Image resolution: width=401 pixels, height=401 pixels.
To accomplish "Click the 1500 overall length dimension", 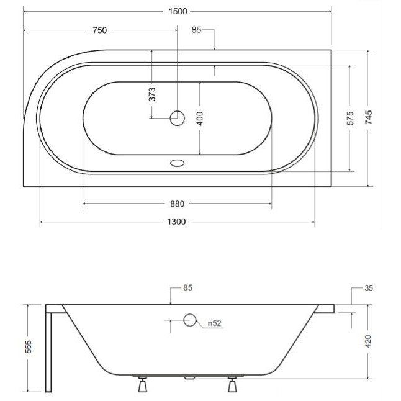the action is [178, 12].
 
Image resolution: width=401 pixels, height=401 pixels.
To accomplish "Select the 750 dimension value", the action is [99, 30].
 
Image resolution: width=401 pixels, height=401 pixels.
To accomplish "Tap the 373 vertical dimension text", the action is [152, 94].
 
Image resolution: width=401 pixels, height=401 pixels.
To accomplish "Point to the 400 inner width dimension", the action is [200, 119].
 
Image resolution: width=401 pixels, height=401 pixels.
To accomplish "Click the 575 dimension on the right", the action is [350, 118].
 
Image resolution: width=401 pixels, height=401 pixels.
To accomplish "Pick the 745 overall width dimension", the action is [369, 117].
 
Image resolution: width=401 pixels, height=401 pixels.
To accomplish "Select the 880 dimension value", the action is [178, 204].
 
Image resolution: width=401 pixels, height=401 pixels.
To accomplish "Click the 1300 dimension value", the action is [177, 222].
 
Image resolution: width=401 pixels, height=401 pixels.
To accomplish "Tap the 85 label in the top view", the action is [196, 30].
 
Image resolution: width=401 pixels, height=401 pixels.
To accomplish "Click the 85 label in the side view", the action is [187, 287].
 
